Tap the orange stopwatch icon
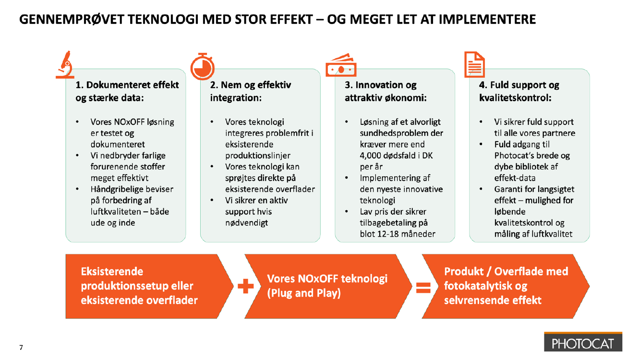(203, 66)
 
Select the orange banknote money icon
(341, 65)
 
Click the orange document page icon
(474, 65)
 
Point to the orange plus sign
(246, 286)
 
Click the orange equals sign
(423, 288)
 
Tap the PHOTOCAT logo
(583, 342)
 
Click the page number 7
(21, 348)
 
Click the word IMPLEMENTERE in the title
(487, 19)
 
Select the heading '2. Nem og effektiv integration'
(251, 91)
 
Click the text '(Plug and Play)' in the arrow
(304, 293)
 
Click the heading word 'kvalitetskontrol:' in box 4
(515, 98)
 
